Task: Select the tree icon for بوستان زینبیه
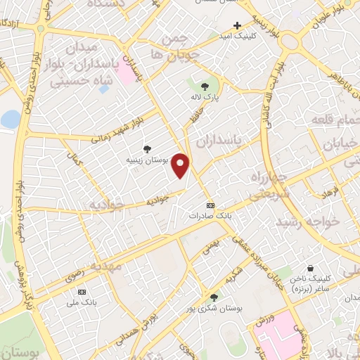point(146,148)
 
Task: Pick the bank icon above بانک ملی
point(82,291)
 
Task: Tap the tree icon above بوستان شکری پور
point(214,297)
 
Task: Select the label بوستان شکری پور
point(214,308)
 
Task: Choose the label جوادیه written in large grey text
point(106,205)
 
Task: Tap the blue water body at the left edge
point(10,119)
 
